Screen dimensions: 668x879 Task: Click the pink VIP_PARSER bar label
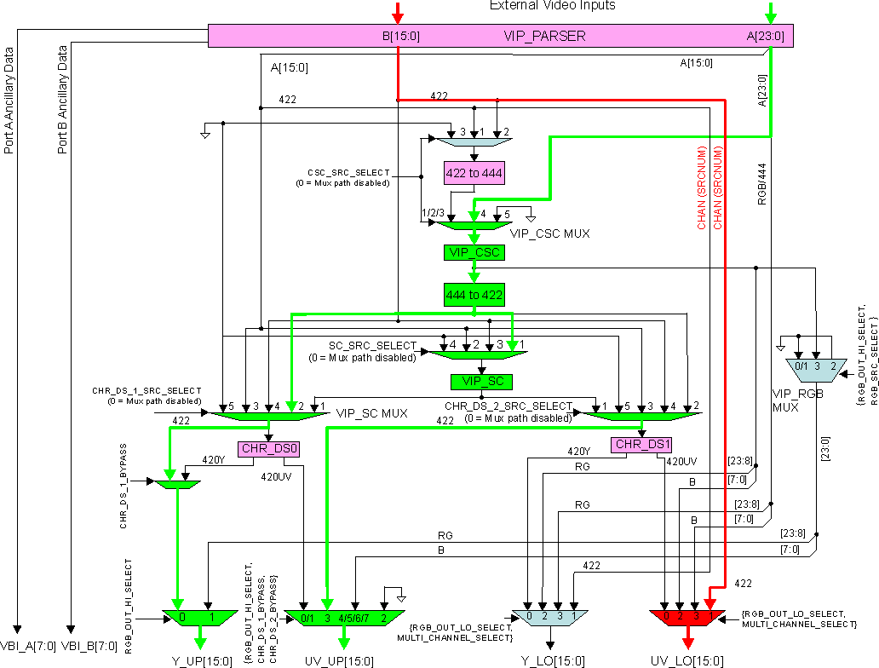pos(544,36)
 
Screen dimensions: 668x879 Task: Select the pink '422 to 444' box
pos(474,173)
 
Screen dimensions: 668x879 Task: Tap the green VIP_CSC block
pos(474,252)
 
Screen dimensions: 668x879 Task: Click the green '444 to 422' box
pos(474,295)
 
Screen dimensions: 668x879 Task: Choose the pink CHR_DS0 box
pos(269,448)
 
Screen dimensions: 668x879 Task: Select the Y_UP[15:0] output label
pos(201,660)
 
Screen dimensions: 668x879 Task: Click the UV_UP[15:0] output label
pos(339,660)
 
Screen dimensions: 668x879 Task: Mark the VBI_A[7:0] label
pos(28,646)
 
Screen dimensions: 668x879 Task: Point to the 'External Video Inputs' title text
pos(552,6)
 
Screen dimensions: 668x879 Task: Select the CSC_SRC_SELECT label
pos(349,173)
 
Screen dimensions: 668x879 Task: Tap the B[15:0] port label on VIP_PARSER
pos(400,36)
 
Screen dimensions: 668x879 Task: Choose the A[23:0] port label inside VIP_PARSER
pos(765,36)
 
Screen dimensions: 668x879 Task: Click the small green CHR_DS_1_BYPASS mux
pos(177,484)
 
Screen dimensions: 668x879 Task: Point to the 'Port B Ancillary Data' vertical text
pos(63,101)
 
